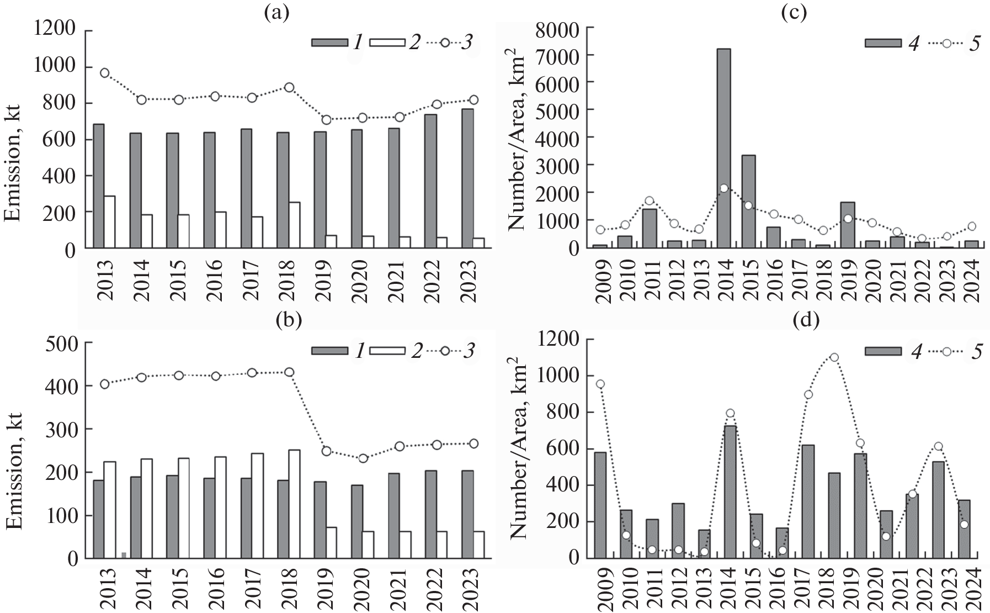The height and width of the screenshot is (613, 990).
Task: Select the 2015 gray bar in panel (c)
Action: tap(748, 202)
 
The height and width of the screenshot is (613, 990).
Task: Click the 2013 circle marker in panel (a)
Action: tap(104, 73)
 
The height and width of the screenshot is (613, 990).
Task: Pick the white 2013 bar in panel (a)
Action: tap(110, 222)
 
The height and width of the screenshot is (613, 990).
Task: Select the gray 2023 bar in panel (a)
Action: tap(467, 178)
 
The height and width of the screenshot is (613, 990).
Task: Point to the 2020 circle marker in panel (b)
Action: tap(363, 458)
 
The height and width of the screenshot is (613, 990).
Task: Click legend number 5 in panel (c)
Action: tap(973, 43)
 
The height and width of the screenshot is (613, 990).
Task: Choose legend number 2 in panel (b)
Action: tap(414, 351)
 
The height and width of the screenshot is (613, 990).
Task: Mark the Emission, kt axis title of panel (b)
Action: tap(16, 471)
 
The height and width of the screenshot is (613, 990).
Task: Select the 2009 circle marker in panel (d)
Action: tap(600, 384)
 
